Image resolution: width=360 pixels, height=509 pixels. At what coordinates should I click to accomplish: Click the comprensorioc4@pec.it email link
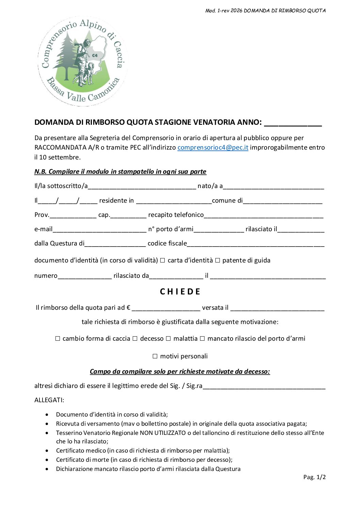[x=213, y=148]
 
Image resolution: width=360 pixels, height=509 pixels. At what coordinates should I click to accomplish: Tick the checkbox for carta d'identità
[x=162, y=260]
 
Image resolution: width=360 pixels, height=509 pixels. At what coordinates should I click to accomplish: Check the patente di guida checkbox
[x=217, y=260]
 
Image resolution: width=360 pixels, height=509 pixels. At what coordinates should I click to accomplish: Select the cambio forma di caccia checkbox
[x=58, y=339]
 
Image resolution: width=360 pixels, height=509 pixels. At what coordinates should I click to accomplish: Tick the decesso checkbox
[x=135, y=339]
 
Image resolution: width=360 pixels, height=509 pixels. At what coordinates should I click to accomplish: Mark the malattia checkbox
[x=168, y=339]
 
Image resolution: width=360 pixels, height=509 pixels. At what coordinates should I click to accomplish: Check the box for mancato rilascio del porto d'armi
[x=202, y=339]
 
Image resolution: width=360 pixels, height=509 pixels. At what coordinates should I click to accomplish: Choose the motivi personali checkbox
[x=155, y=356]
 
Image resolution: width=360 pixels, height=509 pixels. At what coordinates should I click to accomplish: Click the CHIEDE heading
[x=180, y=292]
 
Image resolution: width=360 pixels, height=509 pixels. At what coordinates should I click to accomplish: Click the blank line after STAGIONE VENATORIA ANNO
[x=293, y=123]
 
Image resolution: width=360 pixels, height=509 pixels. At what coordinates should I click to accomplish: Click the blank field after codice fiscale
[x=256, y=244]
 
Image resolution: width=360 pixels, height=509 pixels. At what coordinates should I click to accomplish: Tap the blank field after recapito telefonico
[x=263, y=216]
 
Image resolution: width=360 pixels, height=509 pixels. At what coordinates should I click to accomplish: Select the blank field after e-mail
[x=99, y=230]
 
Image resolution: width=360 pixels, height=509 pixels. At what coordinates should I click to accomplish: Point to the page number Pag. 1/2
[x=314, y=477]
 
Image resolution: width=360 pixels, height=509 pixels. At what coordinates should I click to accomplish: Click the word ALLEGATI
[x=49, y=400]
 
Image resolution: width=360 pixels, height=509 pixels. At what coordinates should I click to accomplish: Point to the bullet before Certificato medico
[x=47, y=451]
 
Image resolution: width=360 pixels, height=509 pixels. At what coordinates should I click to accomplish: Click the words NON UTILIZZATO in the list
[x=163, y=433]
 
